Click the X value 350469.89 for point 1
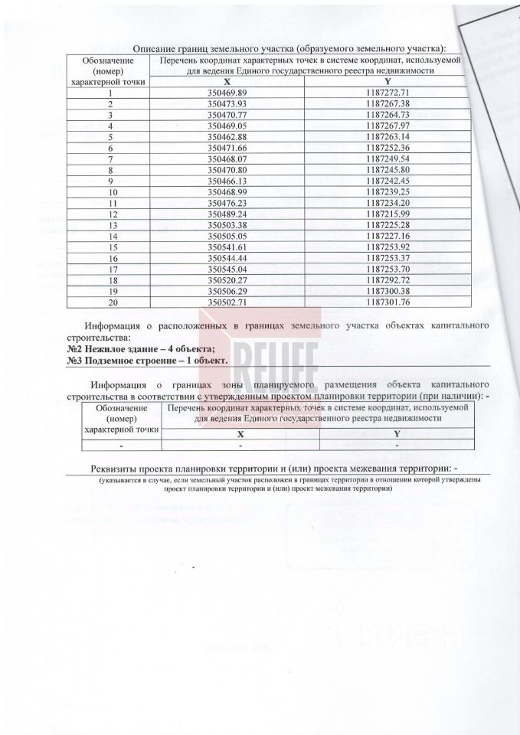coord(230,91)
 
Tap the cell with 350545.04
coord(230,269)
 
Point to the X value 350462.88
coord(230,136)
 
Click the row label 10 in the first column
coord(112,191)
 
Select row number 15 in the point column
coord(112,247)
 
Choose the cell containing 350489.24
coord(230,214)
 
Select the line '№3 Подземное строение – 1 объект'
coord(146,359)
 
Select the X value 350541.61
coord(230,247)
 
